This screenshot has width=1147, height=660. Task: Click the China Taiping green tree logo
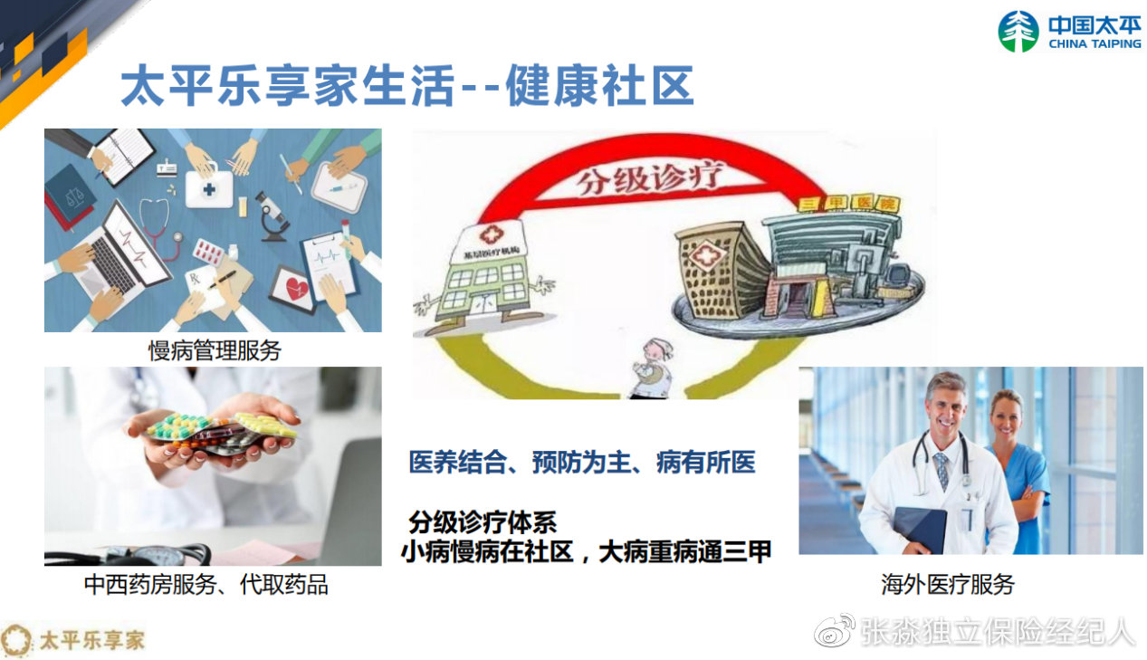[1018, 32]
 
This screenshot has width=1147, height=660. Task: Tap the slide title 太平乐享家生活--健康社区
[407, 87]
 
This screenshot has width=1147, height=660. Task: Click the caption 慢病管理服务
[215, 350]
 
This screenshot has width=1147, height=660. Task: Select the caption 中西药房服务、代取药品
[206, 585]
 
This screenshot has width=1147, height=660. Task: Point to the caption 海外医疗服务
[948, 585]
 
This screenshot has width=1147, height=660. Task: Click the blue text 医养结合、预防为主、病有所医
[581, 464]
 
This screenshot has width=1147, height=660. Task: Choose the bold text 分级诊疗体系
[482, 522]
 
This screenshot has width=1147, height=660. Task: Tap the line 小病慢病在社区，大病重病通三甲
[586, 551]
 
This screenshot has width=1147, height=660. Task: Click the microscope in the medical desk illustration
[271, 215]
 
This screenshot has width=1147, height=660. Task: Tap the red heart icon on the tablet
[296, 289]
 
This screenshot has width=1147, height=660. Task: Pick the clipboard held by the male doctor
[920, 529]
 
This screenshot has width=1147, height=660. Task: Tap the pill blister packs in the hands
[222, 431]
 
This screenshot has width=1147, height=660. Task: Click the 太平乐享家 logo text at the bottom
[91, 640]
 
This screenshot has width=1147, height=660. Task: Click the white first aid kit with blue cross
[209, 189]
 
